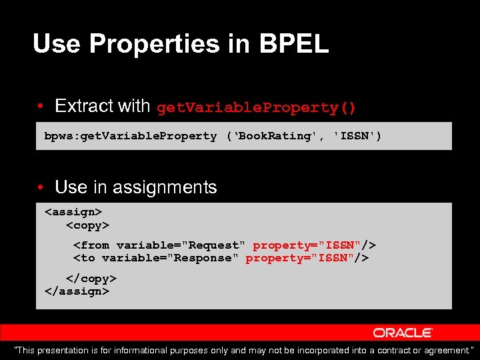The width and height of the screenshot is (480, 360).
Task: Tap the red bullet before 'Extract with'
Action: (41, 107)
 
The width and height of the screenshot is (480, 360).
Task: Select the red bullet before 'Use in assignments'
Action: (41, 188)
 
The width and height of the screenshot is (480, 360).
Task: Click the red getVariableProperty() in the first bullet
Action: (256, 107)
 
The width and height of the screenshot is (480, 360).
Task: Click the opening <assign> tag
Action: (73, 212)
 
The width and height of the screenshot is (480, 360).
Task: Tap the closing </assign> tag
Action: (76, 291)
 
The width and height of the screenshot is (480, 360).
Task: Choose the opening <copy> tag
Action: (87, 225)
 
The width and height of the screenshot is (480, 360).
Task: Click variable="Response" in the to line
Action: (169, 258)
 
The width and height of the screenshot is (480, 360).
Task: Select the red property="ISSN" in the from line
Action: (307, 245)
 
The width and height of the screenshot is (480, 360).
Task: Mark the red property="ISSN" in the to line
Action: (300, 258)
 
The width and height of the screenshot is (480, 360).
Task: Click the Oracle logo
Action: (403, 332)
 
